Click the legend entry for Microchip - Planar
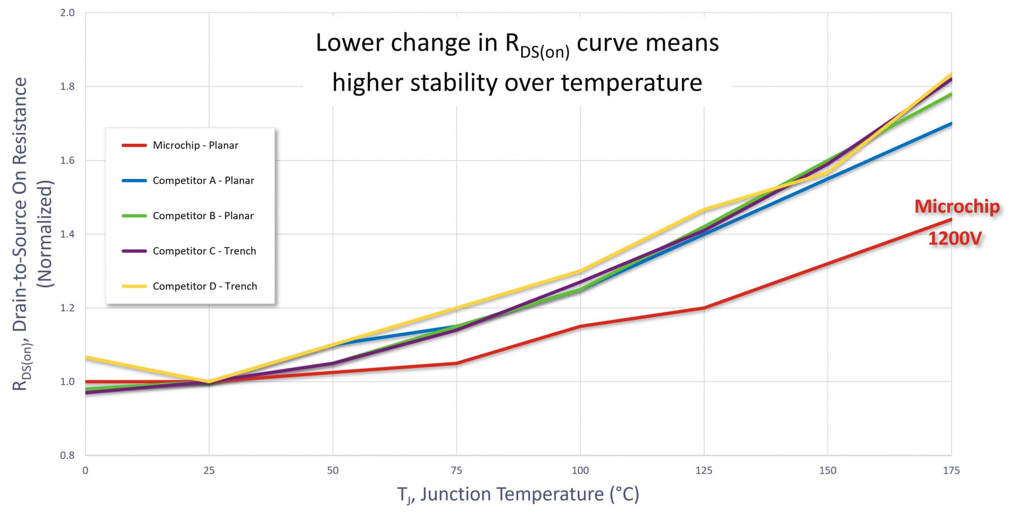(195, 145)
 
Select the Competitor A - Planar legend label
(203, 180)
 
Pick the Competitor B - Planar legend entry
(203, 216)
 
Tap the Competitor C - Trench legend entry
(204, 251)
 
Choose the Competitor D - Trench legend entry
(205, 286)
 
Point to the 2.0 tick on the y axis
(67, 13)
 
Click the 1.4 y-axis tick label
(67, 235)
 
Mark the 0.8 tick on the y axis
(67, 455)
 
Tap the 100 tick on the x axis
(580, 471)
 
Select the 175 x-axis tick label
(951, 471)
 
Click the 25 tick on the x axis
(209, 471)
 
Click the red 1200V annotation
(954, 238)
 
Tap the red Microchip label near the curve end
(957, 206)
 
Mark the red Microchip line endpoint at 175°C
(951, 220)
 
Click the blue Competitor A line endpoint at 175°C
(951, 123)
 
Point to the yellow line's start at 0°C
(86, 357)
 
